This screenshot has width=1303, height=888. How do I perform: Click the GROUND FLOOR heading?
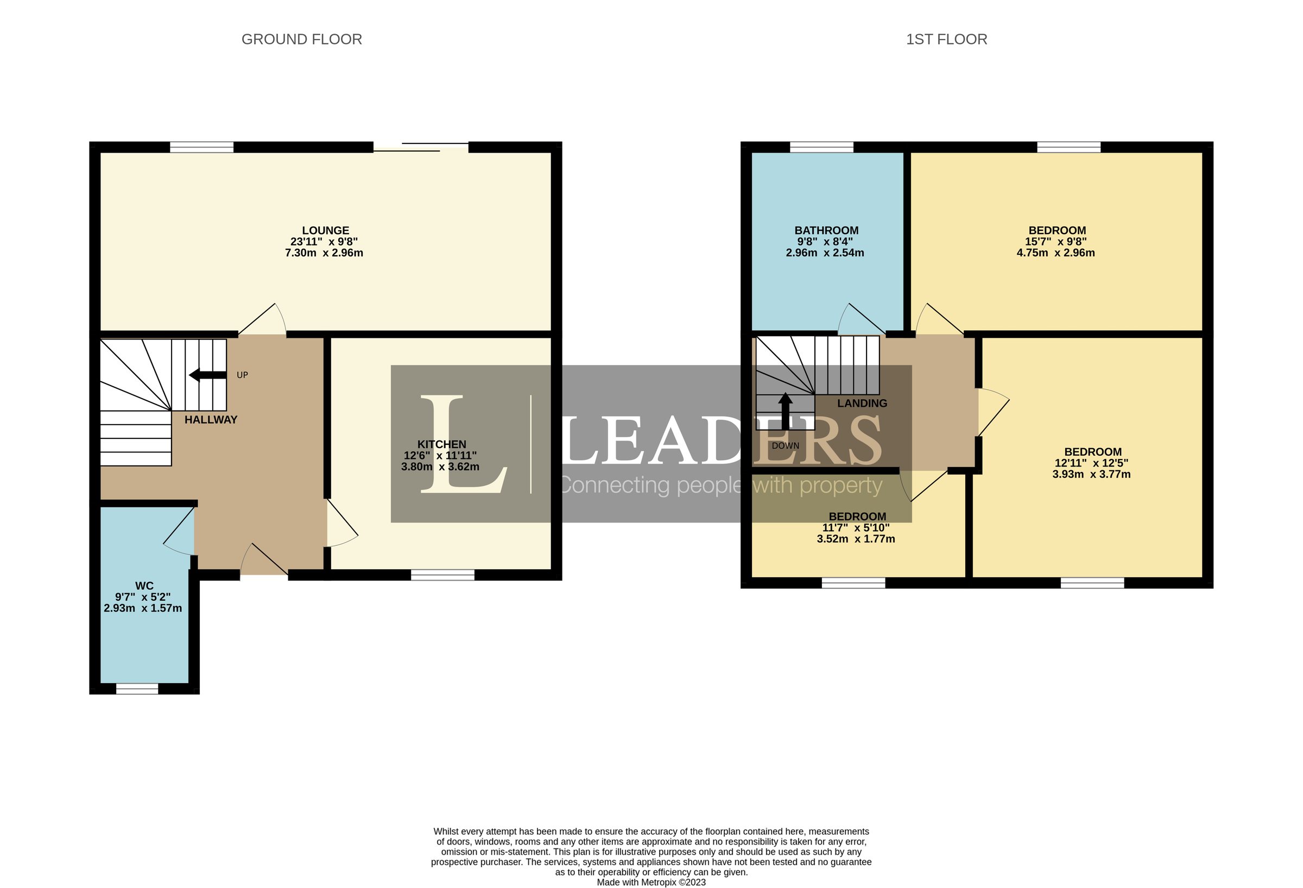tap(301, 39)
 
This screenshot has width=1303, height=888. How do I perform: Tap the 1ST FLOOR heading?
tap(946, 39)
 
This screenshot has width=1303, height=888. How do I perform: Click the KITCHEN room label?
tap(441, 444)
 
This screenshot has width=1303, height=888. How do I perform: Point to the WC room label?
tap(144, 585)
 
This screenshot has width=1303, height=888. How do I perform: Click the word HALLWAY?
tap(211, 420)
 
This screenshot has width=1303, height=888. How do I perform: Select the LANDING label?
tap(862, 404)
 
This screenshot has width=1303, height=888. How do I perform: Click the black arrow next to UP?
tap(207, 375)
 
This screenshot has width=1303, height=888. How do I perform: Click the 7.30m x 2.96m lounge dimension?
tap(324, 253)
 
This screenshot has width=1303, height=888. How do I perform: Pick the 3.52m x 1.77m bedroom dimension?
tap(855, 539)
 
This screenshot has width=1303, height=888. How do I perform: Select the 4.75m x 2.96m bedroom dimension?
tap(1055, 253)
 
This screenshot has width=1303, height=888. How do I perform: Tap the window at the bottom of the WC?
tap(137, 689)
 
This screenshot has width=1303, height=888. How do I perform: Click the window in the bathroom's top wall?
tap(821, 147)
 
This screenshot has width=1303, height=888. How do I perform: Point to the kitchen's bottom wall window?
tap(442, 575)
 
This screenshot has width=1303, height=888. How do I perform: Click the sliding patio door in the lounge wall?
tap(421, 148)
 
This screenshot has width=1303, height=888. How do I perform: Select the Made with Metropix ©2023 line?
tap(651, 883)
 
